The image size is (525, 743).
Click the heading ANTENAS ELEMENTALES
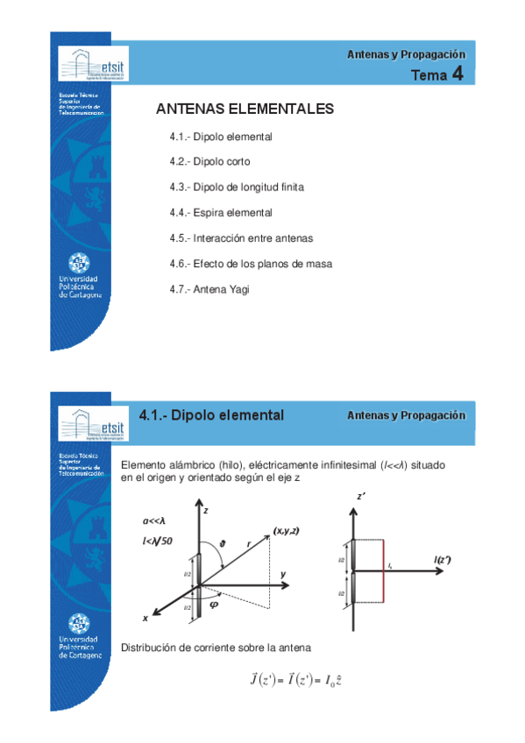(x=245, y=110)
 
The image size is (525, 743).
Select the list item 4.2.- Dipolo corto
(x=209, y=162)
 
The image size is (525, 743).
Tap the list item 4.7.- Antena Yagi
(x=209, y=288)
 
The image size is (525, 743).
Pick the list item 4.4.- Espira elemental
(x=221, y=213)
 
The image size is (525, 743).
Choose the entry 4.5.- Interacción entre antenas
(x=241, y=238)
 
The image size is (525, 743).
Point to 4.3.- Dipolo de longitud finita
(x=237, y=188)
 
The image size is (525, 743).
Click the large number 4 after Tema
(x=458, y=75)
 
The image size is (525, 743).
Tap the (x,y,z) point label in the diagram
(x=286, y=531)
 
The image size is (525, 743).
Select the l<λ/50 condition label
(x=158, y=541)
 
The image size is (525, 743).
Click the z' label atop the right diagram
(x=361, y=497)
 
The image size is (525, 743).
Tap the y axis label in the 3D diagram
(x=283, y=574)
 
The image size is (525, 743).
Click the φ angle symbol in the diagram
(x=213, y=602)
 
